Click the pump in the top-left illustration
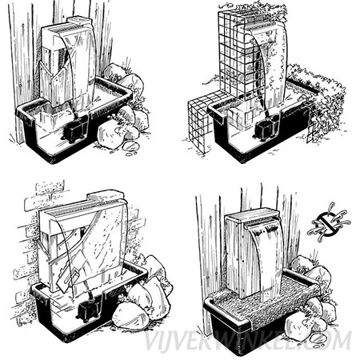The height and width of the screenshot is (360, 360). [x=75, y=132]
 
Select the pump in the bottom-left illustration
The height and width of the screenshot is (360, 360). [x=89, y=310]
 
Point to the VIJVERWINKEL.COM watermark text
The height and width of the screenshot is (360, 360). [x=248, y=341]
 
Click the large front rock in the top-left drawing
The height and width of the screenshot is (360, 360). [x=110, y=134]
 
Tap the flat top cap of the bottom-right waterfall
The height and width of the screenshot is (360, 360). [x=252, y=214]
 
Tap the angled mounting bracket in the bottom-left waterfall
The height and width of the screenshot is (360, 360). [x=70, y=278]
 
